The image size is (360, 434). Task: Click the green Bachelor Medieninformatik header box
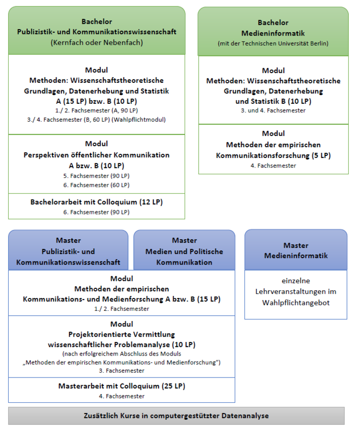click(273, 32)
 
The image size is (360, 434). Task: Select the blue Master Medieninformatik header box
click(296, 250)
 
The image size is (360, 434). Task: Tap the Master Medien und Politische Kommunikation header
click(184, 250)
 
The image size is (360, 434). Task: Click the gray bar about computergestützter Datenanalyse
click(176, 415)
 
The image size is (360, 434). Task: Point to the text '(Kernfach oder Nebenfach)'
click(96, 43)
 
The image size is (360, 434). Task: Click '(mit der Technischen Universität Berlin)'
click(273, 43)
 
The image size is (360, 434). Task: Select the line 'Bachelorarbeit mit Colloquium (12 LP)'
click(96, 202)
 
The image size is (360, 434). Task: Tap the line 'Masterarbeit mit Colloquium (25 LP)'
click(122, 386)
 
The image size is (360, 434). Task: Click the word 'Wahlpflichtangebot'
click(296, 303)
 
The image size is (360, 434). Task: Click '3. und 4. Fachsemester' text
click(273, 111)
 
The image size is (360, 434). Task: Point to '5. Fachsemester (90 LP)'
click(96, 176)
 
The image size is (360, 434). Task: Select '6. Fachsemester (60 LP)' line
click(96, 185)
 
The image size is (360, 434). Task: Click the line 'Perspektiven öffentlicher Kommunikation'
click(96, 155)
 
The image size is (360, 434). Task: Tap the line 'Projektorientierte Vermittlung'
click(122, 334)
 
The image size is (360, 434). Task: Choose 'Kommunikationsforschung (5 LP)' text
click(273, 155)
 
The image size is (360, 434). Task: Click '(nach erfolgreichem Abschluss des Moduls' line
click(122, 354)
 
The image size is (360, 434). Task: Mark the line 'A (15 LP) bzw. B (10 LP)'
click(96, 101)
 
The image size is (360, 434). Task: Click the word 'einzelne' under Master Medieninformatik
click(296, 281)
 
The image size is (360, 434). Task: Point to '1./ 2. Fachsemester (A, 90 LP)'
click(96, 111)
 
